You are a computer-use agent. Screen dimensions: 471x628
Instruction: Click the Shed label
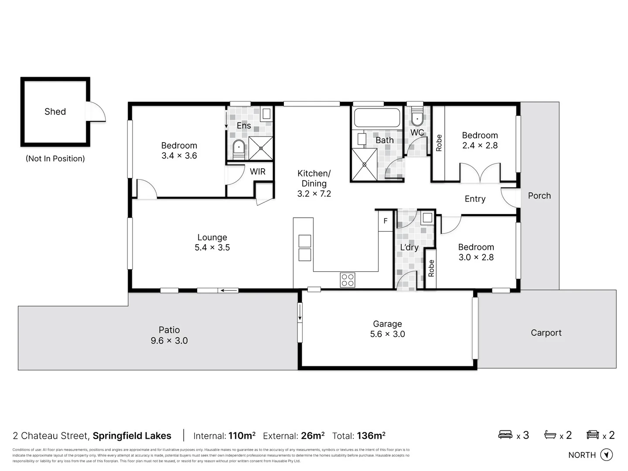(55, 112)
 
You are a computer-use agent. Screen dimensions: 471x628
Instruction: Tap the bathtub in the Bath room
(377, 118)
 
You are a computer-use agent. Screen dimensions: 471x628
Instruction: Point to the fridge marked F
(386, 221)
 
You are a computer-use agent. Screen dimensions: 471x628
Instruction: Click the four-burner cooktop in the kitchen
(348, 280)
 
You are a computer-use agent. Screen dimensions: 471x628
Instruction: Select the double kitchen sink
(305, 248)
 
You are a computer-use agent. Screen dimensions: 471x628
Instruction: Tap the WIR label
(257, 171)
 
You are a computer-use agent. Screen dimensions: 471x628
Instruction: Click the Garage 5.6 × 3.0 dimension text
(387, 334)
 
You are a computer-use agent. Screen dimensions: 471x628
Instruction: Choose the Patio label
(169, 330)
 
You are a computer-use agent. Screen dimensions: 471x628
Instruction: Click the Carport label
(546, 333)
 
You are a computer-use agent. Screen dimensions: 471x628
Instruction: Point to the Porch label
(539, 196)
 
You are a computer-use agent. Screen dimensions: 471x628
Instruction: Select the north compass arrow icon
(606, 455)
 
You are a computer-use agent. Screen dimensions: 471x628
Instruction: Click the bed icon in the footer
(505, 435)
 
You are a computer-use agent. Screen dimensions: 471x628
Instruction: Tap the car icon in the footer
(593, 435)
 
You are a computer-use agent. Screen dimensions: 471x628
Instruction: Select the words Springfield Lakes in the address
(132, 436)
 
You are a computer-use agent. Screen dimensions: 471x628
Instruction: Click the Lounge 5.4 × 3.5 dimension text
(212, 248)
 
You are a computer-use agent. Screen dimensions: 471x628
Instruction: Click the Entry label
(475, 199)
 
